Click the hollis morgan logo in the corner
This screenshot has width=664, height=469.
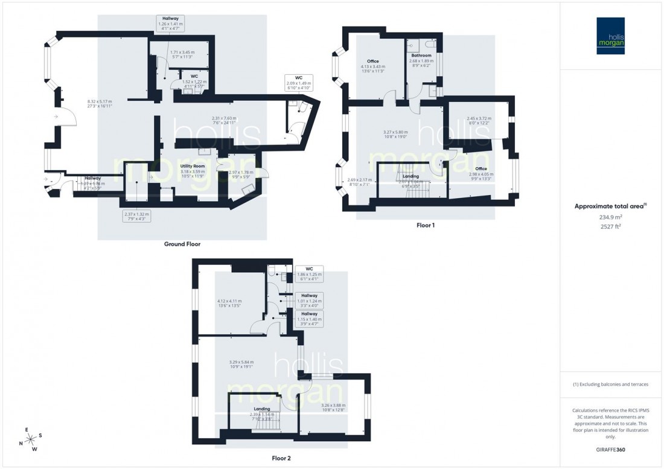(x=611, y=36)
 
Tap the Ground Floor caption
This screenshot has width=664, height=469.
(x=182, y=244)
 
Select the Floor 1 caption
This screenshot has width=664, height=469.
(x=426, y=225)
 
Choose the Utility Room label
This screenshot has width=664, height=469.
(x=193, y=166)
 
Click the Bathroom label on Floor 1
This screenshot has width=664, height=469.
(x=421, y=56)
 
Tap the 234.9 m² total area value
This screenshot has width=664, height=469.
(x=610, y=217)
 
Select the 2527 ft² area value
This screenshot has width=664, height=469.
(x=610, y=227)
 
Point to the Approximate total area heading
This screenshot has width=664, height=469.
(x=610, y=206)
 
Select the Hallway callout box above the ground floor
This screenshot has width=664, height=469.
(x=169, y=24)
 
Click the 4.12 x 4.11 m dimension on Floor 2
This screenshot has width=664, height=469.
(x=229, y=304)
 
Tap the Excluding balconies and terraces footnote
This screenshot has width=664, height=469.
(x=611, y=384)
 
